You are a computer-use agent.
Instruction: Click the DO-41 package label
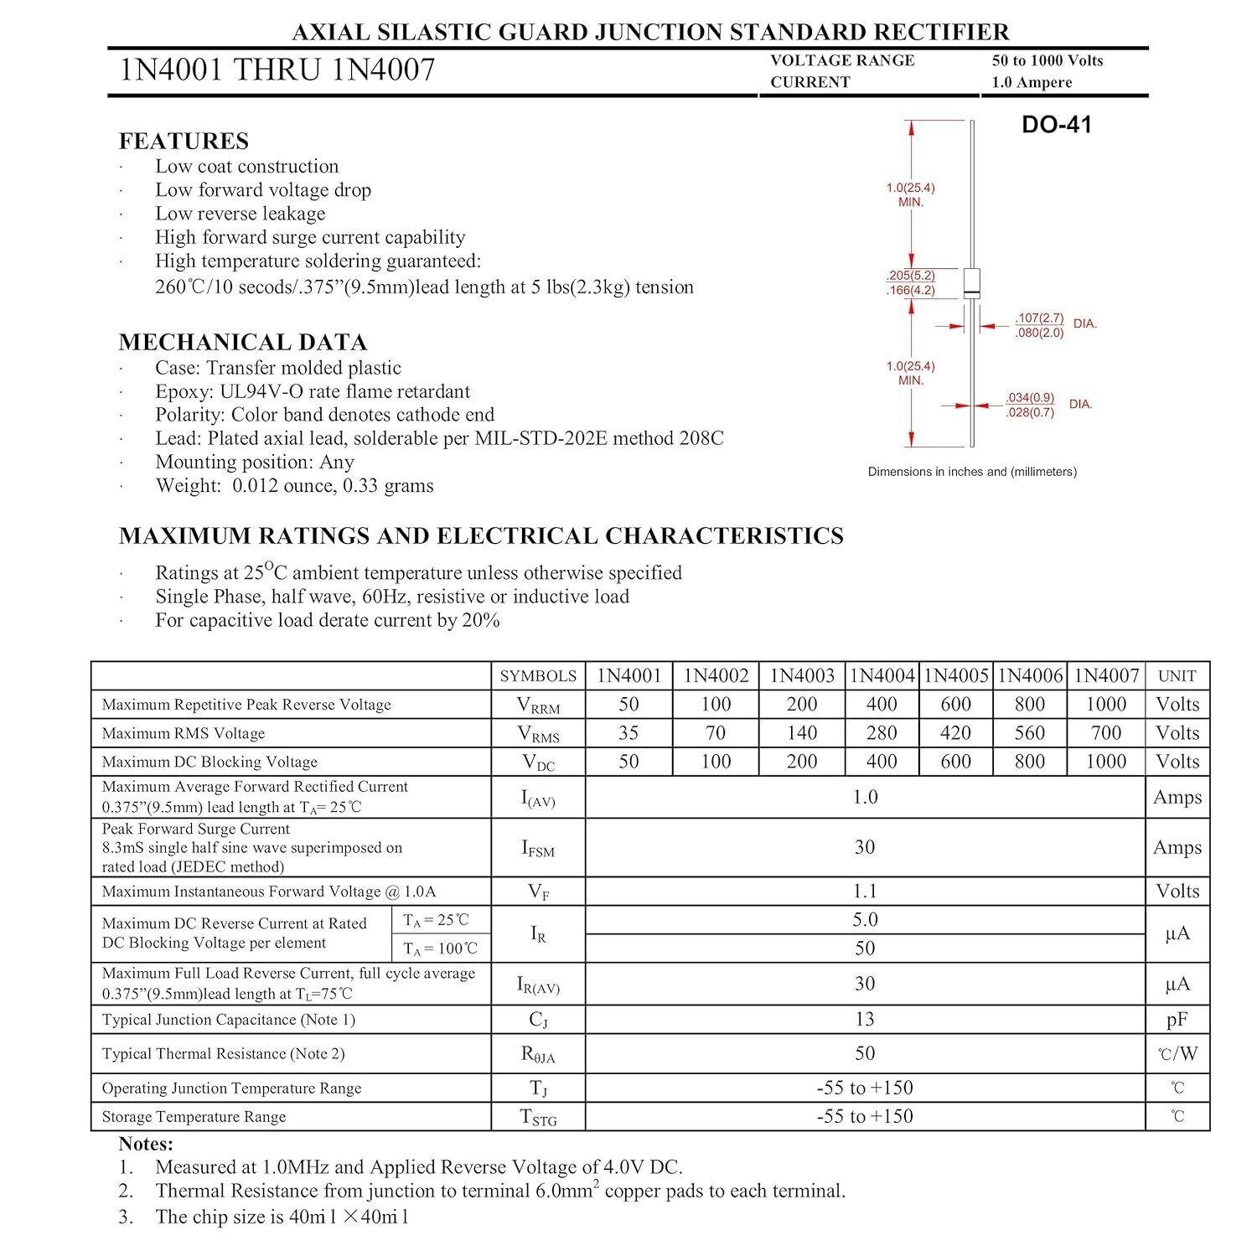(1056, 125)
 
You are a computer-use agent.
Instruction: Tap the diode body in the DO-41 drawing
(971, 283)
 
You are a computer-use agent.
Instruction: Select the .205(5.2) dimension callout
(910, 275)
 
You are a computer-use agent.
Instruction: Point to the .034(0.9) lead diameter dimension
(1030, 397)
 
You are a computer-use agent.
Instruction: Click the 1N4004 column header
(882, 675)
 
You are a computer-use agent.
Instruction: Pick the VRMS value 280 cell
(882, 733)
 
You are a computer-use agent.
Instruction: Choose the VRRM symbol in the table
(538, 706)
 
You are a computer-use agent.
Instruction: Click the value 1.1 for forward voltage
(864, 891)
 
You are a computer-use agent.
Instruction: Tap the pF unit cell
(1177, 1019)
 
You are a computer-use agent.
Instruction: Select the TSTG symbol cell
(538, 1117)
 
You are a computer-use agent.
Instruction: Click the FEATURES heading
(184, 140)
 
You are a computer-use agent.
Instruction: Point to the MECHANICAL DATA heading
(243, 342)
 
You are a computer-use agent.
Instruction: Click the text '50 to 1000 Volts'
(1047, 60)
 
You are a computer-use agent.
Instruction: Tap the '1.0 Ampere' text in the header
(1032, 82)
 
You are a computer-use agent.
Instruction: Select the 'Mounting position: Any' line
(254, 462)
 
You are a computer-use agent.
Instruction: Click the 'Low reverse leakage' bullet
(240, 213)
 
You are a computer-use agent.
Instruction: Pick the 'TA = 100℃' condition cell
(440, 949)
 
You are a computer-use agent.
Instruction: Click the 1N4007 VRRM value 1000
(1105, 705)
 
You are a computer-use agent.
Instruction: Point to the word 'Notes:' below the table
(146, 1144)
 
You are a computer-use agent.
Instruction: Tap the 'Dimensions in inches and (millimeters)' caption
(972, 472)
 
